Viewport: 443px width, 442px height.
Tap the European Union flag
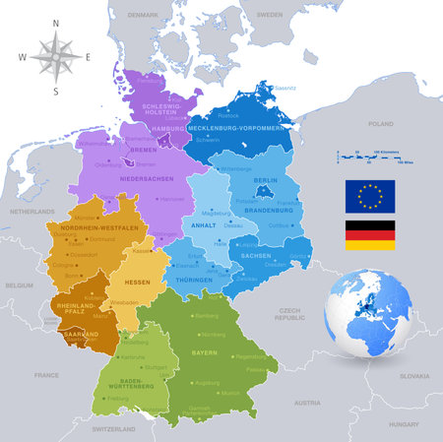tap(369, 195)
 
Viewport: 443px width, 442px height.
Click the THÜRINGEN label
tap(194, 282)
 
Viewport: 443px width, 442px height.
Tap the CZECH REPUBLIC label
tap(290, 315)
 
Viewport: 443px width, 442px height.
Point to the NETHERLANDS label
tap(32, 212)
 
